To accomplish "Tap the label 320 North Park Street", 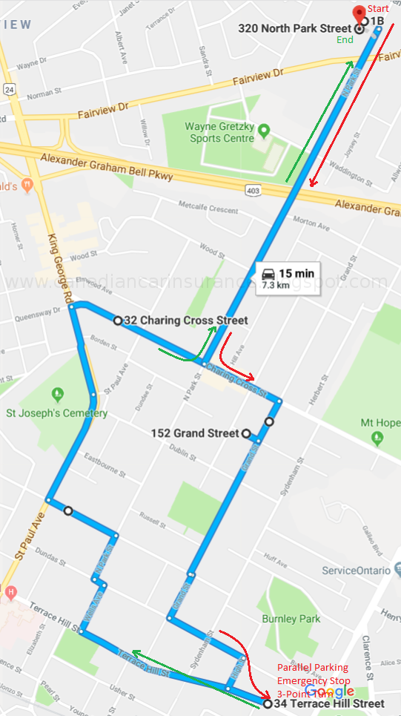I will coord(296,29).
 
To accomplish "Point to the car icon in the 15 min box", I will coord(267,272).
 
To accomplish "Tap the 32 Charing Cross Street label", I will coord(185,321).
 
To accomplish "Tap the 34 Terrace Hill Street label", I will coord(328,703).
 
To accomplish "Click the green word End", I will coord(345,40).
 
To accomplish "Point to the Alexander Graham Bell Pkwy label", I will coord(107,168).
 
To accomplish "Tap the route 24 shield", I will coord(9,89).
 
